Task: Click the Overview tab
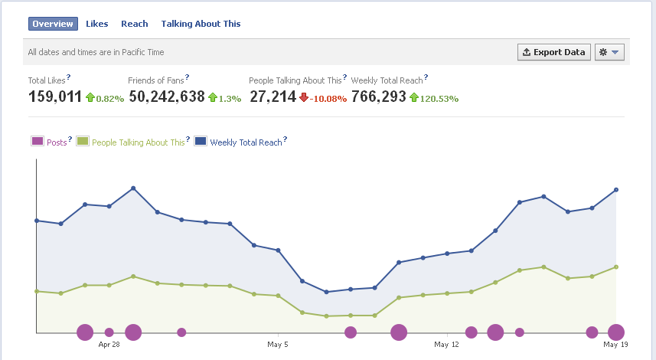[53, 24]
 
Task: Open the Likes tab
[96, 24]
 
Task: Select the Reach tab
[134, 24]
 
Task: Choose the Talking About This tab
[201, 24]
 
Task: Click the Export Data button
[554, 52]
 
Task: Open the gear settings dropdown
[609, 52]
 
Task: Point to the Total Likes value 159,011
[55, 97]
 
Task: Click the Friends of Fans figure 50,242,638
[167, 97]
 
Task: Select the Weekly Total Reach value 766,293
[379, 97]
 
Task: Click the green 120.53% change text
[439, 99]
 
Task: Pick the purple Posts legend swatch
[38, 141]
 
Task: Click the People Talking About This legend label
[138, 142]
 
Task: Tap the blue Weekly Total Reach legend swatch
[201, 141]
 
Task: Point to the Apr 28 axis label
[109, 345]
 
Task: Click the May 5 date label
[278, 345]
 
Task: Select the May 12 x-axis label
[446, 345]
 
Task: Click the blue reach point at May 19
[616, 190]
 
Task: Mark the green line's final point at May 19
[616, 267]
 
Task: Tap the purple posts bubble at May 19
[616, 332]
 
